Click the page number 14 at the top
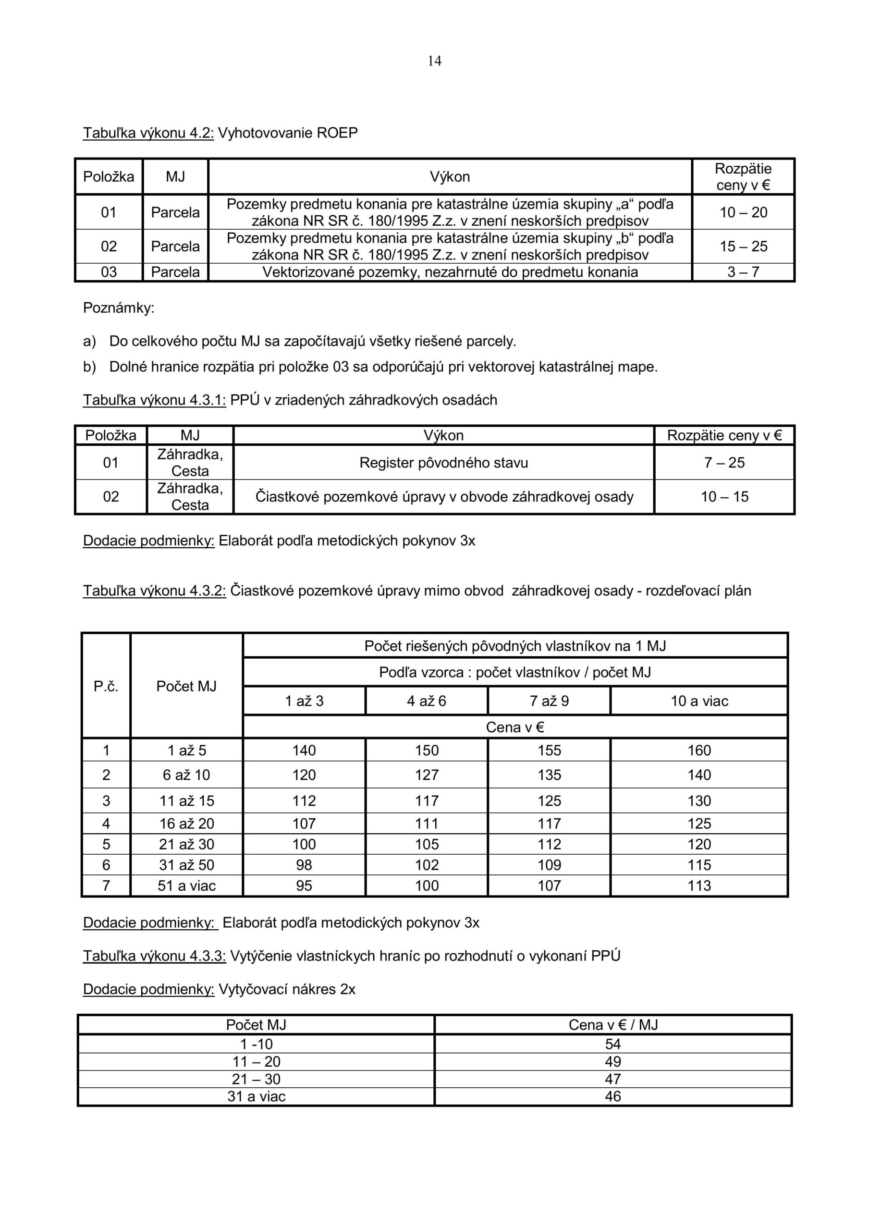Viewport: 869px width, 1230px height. (x=434, y=61)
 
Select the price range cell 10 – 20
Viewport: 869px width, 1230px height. (x=743, y=213)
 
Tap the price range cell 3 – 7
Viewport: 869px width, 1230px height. (x=743, y=272)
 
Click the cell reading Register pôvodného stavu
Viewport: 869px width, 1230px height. (x=443, y=463)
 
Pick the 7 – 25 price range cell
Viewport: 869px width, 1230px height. (x=724, y=463)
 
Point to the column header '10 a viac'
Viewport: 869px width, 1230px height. (x=699, y=701)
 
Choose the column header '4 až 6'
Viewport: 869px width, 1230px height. (x=427, y=701)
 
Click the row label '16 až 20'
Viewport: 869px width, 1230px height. (x=186, y=824)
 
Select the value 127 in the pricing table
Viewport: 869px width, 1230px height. (x=427, y=775)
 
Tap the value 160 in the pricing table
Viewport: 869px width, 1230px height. (x=699, y=750)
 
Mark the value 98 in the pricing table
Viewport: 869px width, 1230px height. (x=304, y=865)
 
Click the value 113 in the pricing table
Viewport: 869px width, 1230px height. (x=699, y=886)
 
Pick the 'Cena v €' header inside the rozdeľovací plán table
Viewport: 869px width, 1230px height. (x=515, y=727)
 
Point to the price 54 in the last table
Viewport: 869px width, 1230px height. (x=613, y=1044)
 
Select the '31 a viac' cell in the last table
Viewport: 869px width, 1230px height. (x=256, y=1096)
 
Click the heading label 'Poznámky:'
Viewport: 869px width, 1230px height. (x=118, y=308)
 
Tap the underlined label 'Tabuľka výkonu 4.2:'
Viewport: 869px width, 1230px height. (x=148, y=133)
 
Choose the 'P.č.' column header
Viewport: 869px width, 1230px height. (x=106, y=687)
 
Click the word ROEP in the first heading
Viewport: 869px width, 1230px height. (x=337, y=133)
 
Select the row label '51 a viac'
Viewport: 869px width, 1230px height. (x=186, y=886)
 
